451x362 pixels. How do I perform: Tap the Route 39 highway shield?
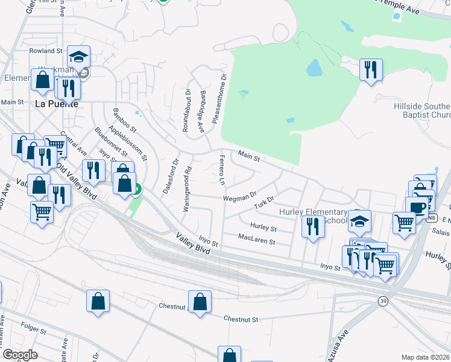coord(383,300)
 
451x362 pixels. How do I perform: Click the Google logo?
coord(20,355)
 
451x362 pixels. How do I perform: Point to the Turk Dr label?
coord(263,202)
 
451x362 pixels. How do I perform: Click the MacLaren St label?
coord(256,241)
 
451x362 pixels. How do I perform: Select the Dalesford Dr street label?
coord(172,176)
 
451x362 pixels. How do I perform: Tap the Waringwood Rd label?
coord(188,188)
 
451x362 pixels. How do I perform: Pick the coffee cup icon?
coord(417,206)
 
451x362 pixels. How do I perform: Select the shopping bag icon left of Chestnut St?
coord(200,301)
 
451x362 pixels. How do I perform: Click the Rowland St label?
coord(46,51)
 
